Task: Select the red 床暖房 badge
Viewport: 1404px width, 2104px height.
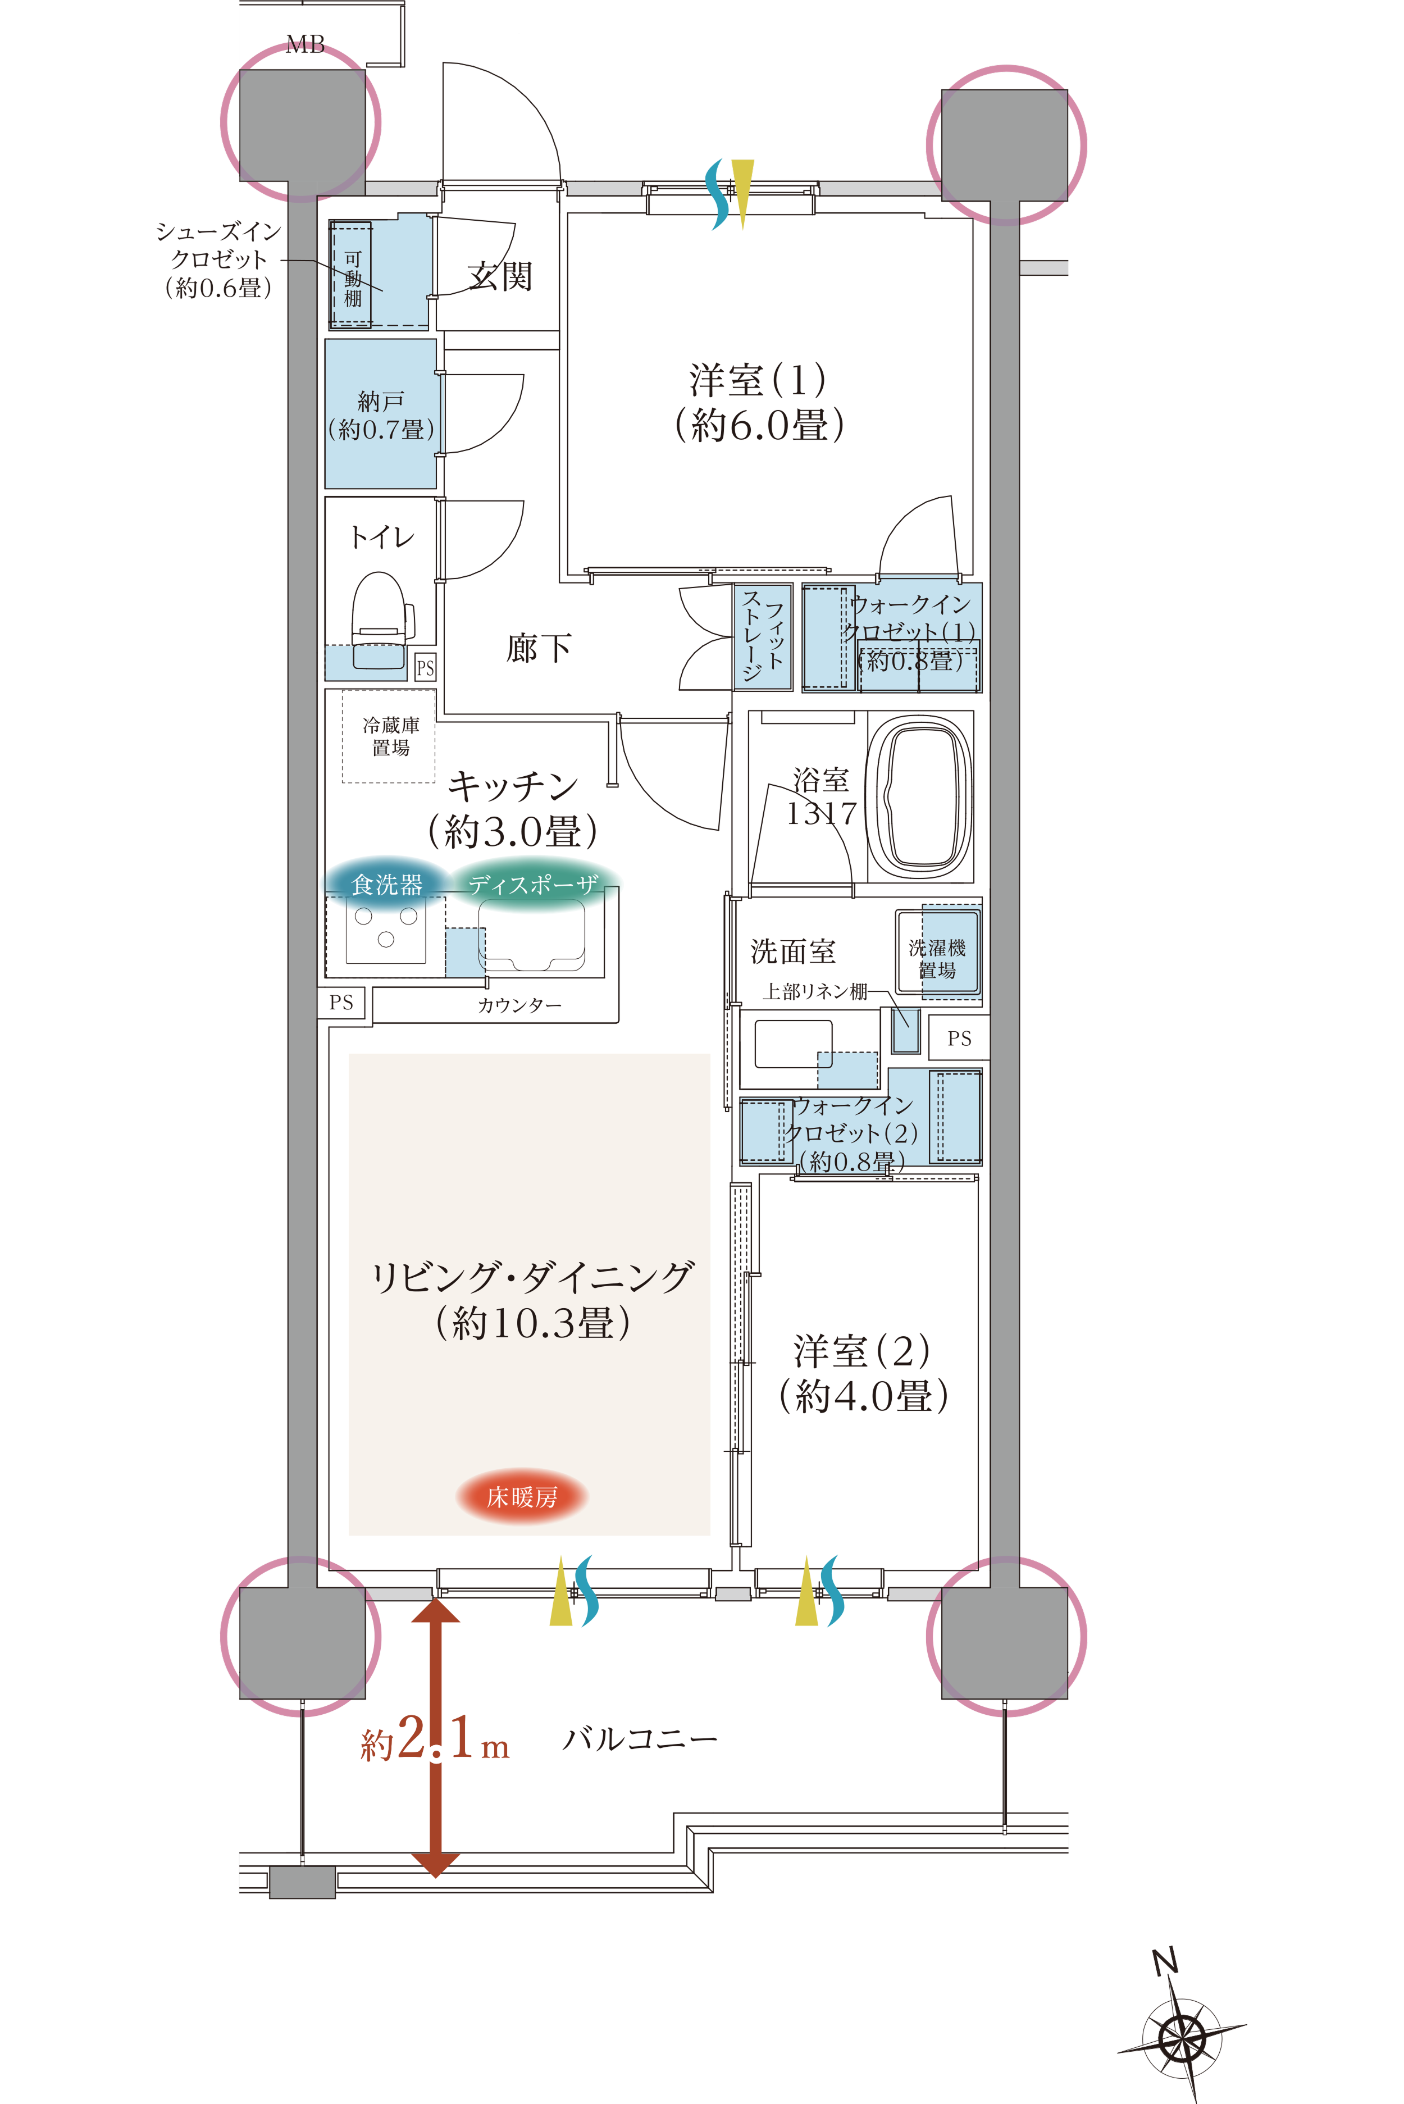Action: pyautogui.click(x=522, y=1496)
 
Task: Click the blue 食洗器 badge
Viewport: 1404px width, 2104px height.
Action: pyautogui.click(x=387, y=885)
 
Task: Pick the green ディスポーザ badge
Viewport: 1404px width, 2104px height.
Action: pyautogui.click(x=534, y=885)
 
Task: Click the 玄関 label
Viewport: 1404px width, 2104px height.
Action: pyautogui.click(x=500, y=277)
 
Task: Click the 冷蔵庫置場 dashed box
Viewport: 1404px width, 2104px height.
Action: pyautogui.click(x=389, y=736)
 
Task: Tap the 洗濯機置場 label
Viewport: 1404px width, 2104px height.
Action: pyautogui.click(x=937, y=959)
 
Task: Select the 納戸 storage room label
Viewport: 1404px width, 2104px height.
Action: pyautogui.click(x=381, y=415)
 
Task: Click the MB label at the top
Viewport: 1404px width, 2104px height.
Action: pyautogui.click(x=306, y=45)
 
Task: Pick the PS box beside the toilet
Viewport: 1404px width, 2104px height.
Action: pyautogui.click(x=425, y=667)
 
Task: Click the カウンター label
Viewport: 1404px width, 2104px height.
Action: pyautogui.click(x=519, y=1005)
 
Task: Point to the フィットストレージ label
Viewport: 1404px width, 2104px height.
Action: pyautogui.click(x=763, y=636)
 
